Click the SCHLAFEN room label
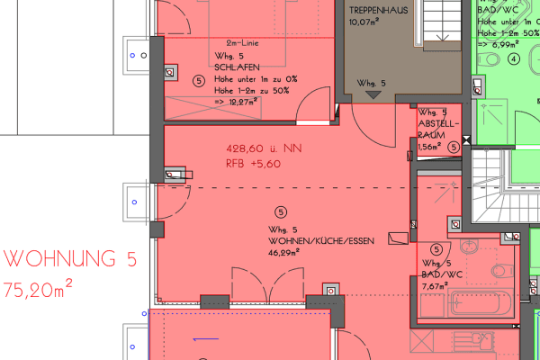point(237,66)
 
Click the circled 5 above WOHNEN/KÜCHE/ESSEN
point(282,212)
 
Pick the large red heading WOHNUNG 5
point(70,260)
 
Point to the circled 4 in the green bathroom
point(515,60)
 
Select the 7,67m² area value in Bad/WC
point(436,286)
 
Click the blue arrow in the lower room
point(206,339)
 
